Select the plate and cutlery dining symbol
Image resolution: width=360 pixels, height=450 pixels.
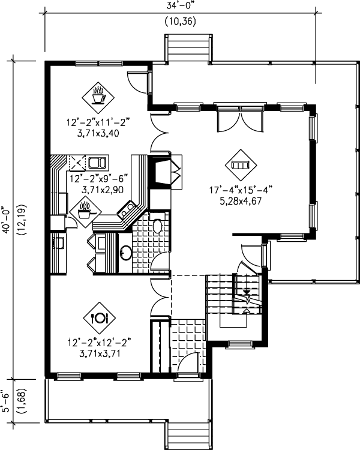pos(98,318)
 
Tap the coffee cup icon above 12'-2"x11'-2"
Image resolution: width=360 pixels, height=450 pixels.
pos(98,94)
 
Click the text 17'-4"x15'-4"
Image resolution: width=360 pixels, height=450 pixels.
pos(241,190)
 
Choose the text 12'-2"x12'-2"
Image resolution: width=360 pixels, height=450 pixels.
pos(98,343)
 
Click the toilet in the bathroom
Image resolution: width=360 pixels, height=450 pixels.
pos(157,226)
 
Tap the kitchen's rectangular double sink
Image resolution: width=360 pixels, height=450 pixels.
pos(97,162)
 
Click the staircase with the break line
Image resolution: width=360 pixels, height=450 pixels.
pos(234,294)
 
